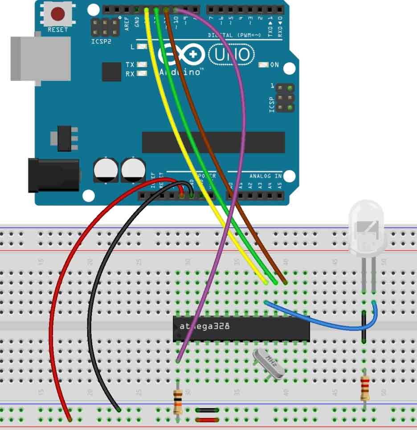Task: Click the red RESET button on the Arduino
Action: pyautogui.click(x=57, y=14)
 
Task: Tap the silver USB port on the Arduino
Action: pyautogui.click(x=40, y=58)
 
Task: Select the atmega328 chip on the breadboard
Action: pyautogui.click(x=241, y=329)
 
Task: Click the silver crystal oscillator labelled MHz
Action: pyautogui.click(x=269, y=363)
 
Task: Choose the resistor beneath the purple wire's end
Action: pyautogui.click(x=178, y=400)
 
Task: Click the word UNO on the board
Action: pyautogui.click(x=231, y=55)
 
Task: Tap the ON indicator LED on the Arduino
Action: pyautogui.click(x=263, y=65)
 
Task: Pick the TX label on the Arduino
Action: pyautogui.click(x=130, y=65)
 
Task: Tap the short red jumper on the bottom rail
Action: pyautogui.click(x=207, y=420)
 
